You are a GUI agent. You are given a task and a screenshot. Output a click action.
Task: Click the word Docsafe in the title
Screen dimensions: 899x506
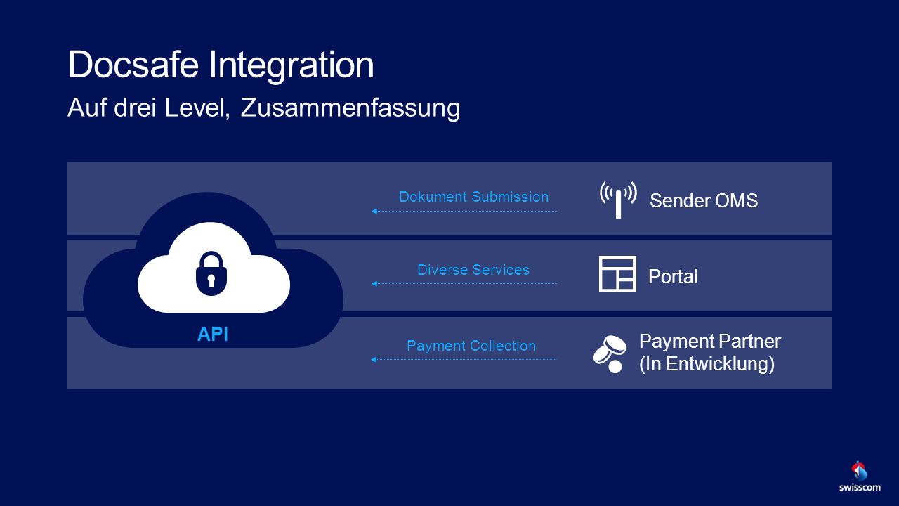coord(133,64)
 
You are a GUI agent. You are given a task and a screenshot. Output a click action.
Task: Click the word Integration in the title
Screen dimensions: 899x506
coord(291,67)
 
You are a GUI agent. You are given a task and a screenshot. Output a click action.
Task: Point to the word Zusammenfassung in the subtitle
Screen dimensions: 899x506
coord(350,108)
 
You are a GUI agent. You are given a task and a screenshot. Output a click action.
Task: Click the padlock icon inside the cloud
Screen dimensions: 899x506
coord(211,273)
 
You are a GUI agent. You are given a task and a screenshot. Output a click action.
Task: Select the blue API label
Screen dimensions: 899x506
coord(213,334)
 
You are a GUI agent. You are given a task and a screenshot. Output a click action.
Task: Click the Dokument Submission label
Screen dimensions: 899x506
coord(473,197)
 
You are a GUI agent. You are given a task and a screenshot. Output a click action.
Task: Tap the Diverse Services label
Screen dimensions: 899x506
coord(473,270)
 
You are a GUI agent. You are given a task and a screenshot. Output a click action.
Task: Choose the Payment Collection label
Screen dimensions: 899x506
coord(471,346)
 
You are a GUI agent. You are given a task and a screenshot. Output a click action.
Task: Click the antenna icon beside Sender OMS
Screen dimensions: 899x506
coord(618,200)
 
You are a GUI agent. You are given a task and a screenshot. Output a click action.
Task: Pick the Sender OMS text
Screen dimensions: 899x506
coord(704,201)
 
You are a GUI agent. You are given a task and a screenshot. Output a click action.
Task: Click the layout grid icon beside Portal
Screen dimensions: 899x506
coord(617,274)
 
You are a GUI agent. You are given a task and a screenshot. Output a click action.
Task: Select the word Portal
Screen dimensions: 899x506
coord(673,276)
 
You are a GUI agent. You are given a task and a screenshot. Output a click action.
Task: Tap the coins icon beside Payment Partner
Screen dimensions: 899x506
coord(610,354)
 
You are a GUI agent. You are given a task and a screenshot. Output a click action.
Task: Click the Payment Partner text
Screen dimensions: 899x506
coord(710,342)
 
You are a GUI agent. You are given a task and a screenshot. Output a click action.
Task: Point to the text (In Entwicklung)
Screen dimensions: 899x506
coord(707,364)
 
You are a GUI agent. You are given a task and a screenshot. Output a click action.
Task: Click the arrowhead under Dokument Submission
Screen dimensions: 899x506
coord(374,212)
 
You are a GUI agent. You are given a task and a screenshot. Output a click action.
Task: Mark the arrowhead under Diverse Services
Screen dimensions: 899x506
coord(374,283)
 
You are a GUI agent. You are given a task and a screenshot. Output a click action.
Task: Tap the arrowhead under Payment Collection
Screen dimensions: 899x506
coord(374,359)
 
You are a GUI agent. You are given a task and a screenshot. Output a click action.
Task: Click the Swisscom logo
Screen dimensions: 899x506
coord(860,476)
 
